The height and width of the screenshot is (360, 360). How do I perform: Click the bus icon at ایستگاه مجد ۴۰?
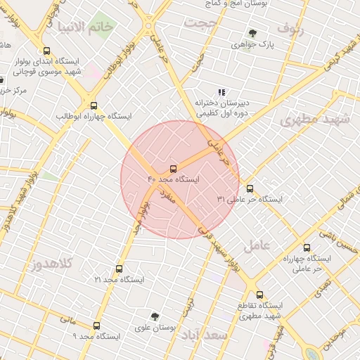(173, 169)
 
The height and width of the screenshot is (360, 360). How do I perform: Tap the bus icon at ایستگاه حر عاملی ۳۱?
(250, 188)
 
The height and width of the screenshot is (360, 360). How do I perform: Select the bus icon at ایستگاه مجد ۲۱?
(118, 269)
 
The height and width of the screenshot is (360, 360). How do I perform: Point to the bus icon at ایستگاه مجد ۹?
(96, 326)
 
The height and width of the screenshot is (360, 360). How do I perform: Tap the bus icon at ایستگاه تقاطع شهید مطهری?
(260, 295)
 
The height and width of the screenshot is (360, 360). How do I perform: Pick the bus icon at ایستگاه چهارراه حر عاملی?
(306, 247)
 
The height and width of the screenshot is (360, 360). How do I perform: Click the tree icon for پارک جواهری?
(252, 33)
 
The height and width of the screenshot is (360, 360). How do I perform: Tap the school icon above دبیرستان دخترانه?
(221, 92)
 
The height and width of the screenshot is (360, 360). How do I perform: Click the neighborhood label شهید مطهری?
(314, 119)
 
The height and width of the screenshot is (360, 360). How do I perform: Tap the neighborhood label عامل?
(257, 246)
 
